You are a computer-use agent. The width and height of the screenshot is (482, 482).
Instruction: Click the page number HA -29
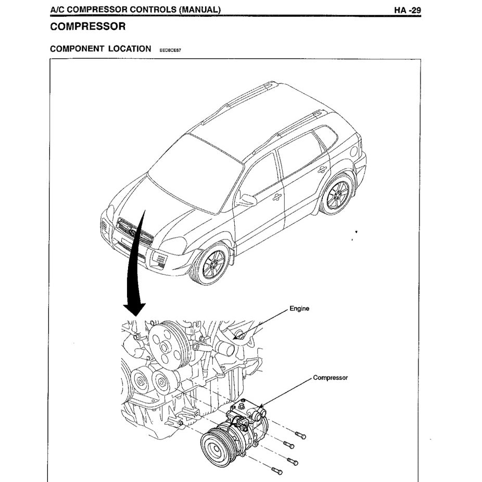[407, 10]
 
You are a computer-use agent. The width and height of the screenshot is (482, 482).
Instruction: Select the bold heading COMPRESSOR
[87, 27]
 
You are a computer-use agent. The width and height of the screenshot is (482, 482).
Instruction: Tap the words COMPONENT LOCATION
[100, 49]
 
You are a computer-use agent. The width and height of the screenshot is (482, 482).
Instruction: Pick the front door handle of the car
[277, 197]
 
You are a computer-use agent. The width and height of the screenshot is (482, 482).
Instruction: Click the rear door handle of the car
[322, 169]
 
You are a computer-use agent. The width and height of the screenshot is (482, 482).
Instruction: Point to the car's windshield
[195, 172]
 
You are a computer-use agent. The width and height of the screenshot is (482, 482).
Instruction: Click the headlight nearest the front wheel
[173, 245]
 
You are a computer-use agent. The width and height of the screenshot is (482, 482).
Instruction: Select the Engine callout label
[299, 309]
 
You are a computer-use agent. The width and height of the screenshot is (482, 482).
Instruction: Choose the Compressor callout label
[330, 378]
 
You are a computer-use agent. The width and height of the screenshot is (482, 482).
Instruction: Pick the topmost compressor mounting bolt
[300, 435]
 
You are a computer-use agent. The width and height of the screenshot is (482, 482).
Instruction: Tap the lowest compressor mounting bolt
[276, 471]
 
